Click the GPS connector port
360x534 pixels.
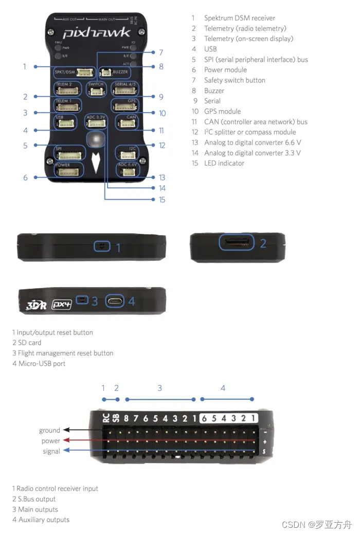pyautogui.click(x=125, y=106)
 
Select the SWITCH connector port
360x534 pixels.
pyautogui.click(x=96, y=92)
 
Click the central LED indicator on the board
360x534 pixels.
pyautogui.click(x=96, y=139)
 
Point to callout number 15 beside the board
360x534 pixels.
pyautogui.click(x=161, y=200)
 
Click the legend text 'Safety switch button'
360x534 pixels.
pyautogui.click(x=235, y=80)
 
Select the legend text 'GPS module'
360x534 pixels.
pyautogui.click(x=222, y=111)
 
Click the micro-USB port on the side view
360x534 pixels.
pyautogui.click(x=115, y=301)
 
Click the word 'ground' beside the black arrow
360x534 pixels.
pyautogui.click(x=49, y=430)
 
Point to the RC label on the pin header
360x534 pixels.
pyautogui.click(x=105, y=417)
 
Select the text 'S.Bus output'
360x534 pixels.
pyautogui.click(x=36, y=499)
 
